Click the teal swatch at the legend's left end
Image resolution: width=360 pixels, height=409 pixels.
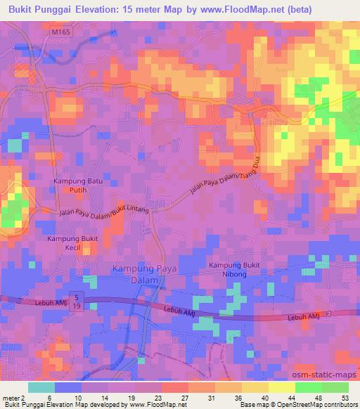pos(41,387)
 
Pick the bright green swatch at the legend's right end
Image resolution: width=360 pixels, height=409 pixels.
pos(335,387)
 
